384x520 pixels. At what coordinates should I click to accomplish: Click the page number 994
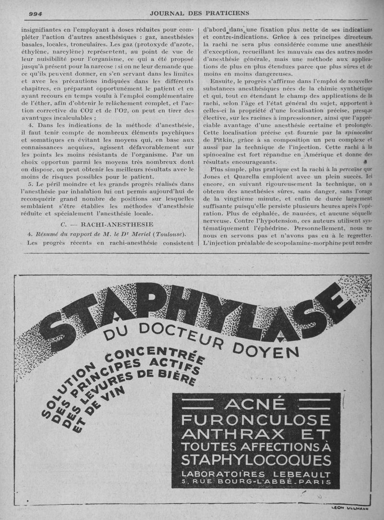(36, 13)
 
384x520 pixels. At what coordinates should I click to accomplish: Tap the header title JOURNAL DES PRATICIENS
(193, 13)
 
